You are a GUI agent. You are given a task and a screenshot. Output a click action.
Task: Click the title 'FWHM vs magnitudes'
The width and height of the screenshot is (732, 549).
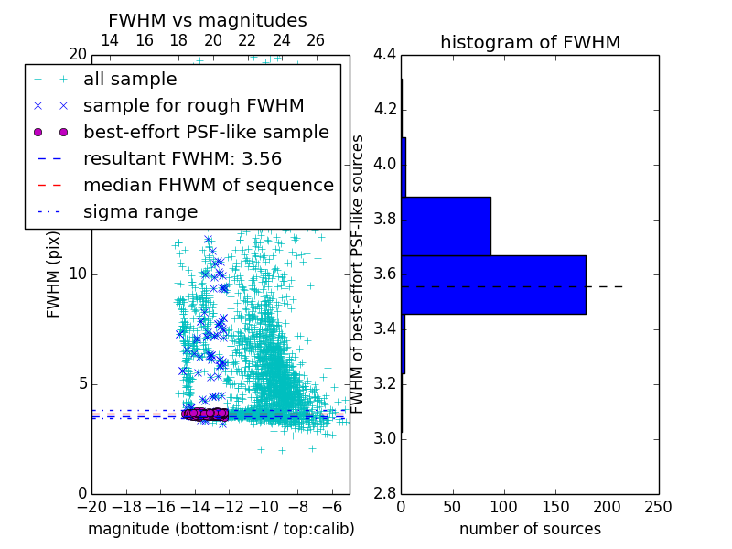pyautogui.click(x=208, y=20)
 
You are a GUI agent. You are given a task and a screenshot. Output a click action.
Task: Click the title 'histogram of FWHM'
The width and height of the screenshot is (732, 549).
pyautogui.click(x=530, y=42)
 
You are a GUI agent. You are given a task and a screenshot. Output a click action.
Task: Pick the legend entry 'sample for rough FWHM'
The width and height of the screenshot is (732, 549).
pyautogui.click(x=193, y=105)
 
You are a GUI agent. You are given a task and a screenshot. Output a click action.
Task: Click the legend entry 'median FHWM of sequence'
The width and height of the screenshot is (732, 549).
pyautogui.click(x=208, y=185)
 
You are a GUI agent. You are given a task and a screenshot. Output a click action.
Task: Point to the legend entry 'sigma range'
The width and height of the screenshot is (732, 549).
pyautogui.click(x=140, y=211)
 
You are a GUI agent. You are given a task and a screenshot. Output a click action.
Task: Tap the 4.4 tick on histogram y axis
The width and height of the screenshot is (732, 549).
pyautogui.click(x=384, y=55)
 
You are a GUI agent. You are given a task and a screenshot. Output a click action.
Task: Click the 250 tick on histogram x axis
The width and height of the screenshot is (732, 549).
pyautogui.click(x=658, y=507)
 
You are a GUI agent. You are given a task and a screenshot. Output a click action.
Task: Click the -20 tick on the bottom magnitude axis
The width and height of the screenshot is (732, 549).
pyautogui.click(x=91, y=507)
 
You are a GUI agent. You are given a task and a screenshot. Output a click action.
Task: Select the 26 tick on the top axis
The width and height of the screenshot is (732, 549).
pyautogui.click(x=316, y=40)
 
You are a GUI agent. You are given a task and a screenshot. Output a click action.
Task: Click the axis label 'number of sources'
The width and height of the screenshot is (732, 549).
pyautogui.click(x=530, y=529)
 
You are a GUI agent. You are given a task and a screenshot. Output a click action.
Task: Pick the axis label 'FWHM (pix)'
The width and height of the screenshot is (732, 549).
pyautogui.click(x=53, y=274)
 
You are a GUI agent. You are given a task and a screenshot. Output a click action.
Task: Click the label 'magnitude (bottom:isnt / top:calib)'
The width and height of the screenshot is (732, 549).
pyautogui.click(x=221, y=529)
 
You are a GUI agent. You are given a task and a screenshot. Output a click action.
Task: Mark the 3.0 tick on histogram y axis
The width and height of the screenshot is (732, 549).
pyautogui.click(x=384, y=438)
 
